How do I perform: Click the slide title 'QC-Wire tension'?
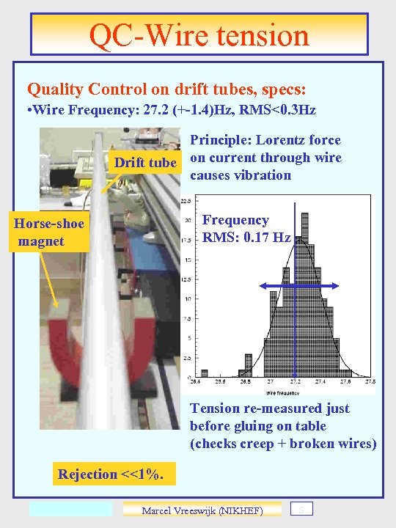pyautogui.click(x=199, y=34)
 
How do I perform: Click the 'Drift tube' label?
pyautogui.click(x=145, y=163)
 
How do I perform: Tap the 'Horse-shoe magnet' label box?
pyautogui.click(x=48, y=232)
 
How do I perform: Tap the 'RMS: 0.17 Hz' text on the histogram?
pyautogui.click(x=246, y=238)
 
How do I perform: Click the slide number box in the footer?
pyautogui.click(x=302, y=509)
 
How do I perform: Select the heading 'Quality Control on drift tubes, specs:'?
pyautogui.click(x=166, y=89)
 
